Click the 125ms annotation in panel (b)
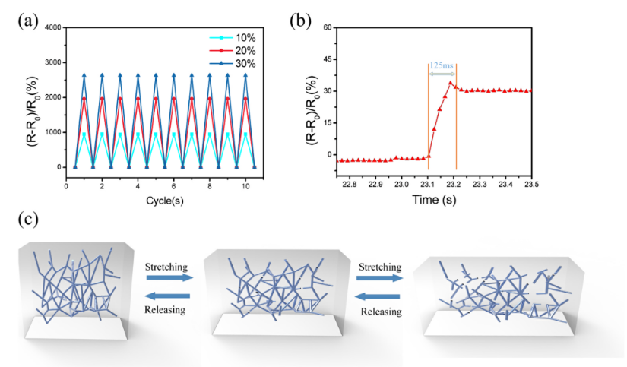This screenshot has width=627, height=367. (x=443, y=66)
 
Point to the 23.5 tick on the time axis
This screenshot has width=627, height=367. (x=531, y=183)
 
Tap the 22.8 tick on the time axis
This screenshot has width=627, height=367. (x=350, y=183)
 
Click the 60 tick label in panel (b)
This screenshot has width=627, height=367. (x=329, y=27)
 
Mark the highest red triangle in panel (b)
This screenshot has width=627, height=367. (x=451, y=83)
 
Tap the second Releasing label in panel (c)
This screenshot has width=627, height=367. (x=379, y=312)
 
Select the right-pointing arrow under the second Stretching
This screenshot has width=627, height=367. (x=379, y=279)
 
